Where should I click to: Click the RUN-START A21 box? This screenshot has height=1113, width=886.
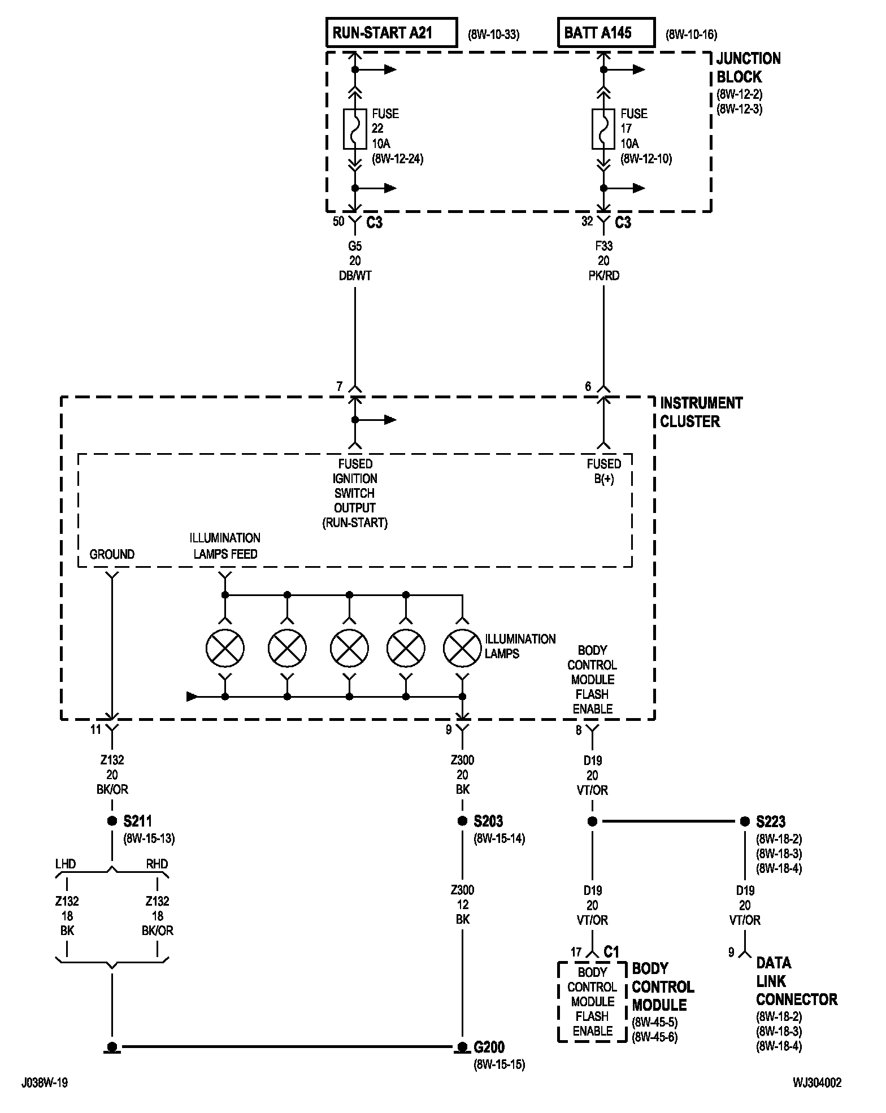pyautogui.click(x=392, y=32)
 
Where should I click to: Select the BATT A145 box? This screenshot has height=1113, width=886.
pyautogui.click(x=606, y=32)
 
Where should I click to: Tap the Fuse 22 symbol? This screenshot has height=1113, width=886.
pyautogui.click(x=355, y=129)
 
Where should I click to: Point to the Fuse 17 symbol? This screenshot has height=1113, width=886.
pyautogui.click(x=603, y=129)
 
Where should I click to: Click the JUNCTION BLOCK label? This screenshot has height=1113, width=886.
pyautogui.click(x=748, y=67)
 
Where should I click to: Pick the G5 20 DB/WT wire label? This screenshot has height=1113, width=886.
pyautogui.click(x=355, y=261)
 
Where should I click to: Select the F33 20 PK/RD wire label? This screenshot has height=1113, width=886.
pyautogui.click(x=603, y=261)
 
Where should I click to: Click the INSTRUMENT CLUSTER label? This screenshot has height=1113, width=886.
pyautogui.click(x=701, y=412)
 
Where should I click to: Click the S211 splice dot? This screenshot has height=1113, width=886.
pyautogui.click(x=112, y=821)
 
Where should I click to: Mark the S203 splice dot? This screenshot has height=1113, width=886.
pyautogui.click(x=462, y=821)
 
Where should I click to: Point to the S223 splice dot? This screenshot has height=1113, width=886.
pyautogui.click(x=745, y=821)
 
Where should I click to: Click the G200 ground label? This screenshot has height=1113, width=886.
pyautogui.click(x=489, y=1047)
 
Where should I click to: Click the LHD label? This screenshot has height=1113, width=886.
pyautogui.click(x=66, y=864)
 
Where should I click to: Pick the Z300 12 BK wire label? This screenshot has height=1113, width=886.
pyautogui.click(x=462, y=905)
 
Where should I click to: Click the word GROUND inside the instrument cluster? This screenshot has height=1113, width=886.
pyautogui.click(x=112, y=554)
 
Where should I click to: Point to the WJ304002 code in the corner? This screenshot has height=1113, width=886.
pyautogui.click(x=817, y=1082)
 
